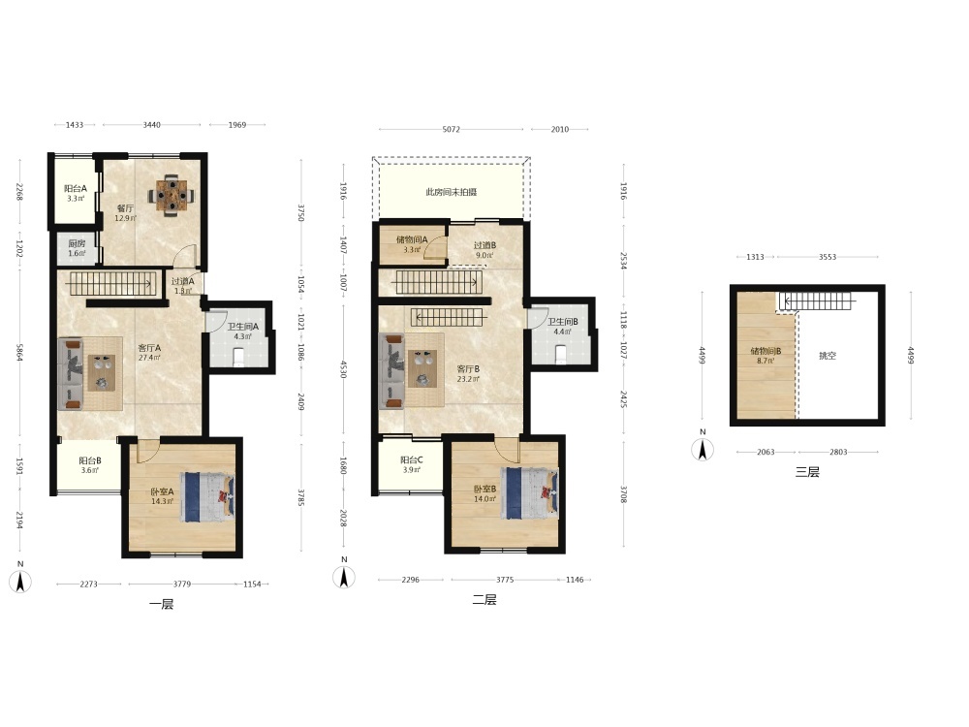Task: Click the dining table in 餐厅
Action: [x=171, y=196]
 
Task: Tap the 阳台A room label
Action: [x=76, y=189]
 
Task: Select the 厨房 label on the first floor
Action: [x=77, y=243]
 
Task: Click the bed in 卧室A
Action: [x=208, y=495]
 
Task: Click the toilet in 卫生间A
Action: [x=239, y=357]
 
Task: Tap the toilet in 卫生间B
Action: [x=561, y=354]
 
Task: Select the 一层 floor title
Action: [x=161, y=604]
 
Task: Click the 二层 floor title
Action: [x=484, y=600]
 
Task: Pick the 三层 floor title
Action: [x=807, y=472]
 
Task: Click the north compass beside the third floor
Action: [x=703, y=449]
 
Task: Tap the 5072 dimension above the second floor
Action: [x=452, y=129]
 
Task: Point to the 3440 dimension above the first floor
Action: [x=152, y=125]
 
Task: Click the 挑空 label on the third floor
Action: [x=828, y=356]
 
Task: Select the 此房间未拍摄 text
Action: [x=452, y=192]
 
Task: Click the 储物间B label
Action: [x=766, y=351]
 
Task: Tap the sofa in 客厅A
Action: [x=71, y=373]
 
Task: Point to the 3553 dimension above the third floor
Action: [x=828, y=257]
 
